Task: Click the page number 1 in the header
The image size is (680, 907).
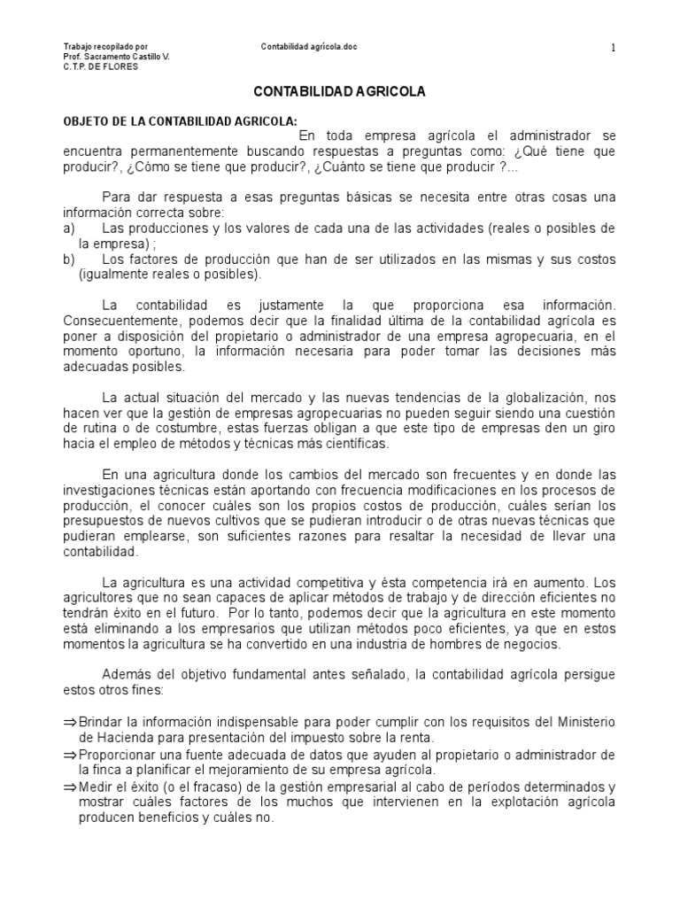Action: (x=613, y=48)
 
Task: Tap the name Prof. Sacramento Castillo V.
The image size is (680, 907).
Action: (x=117, y=57)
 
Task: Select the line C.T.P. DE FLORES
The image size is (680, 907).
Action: (x=101, y=67)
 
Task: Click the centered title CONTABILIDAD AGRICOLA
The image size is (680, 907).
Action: (x=340, y=92)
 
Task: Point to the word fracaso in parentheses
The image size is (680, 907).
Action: (x=215, y=787)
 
